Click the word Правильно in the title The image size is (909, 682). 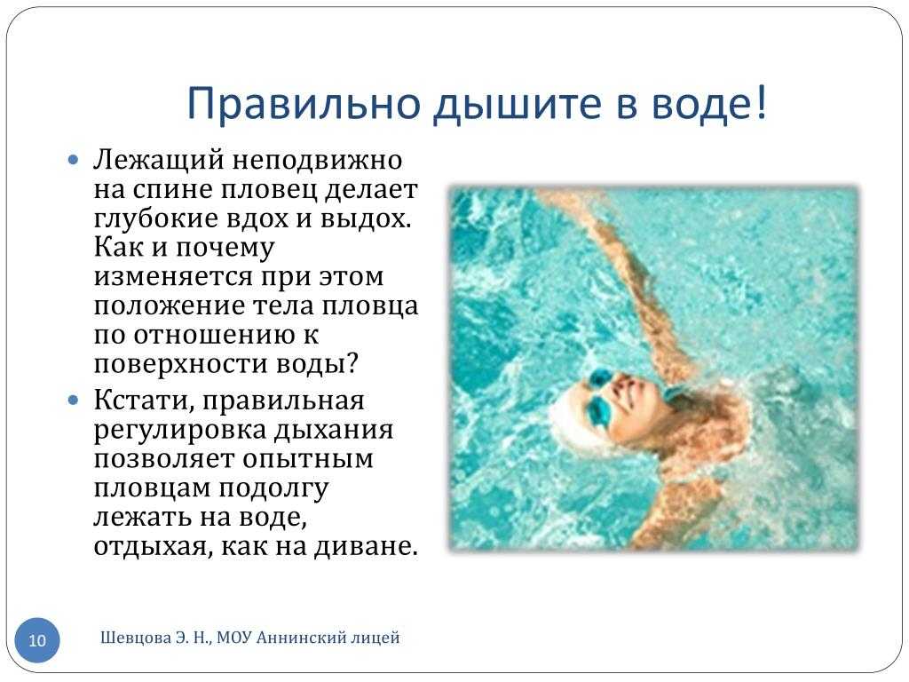pos(304,104)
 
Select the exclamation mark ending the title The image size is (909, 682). pos(762,101)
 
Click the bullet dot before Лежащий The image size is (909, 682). pos(73,160)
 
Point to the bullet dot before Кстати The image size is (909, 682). pos(73,400)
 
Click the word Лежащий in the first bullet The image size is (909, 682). pos(159,160)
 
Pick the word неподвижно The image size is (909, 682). pos(317,161)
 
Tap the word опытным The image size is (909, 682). pos(308,459)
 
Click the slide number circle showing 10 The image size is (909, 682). pos(37,640)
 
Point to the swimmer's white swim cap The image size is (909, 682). pos(571,415)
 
